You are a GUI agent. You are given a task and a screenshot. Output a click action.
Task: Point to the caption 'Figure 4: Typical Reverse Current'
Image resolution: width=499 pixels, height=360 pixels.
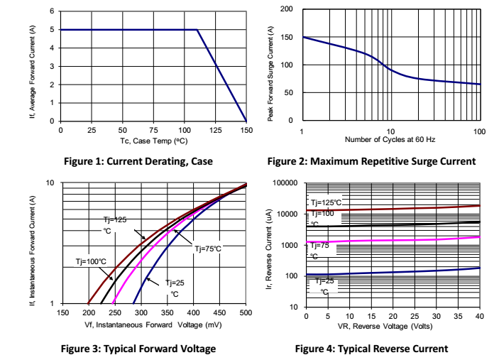[x=371, y=348]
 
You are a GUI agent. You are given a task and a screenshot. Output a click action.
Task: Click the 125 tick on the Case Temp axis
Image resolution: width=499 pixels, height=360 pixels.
[x=215, y=131]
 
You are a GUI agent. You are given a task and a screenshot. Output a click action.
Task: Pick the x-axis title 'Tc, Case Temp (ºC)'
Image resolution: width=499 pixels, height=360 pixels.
[x=153, y=141]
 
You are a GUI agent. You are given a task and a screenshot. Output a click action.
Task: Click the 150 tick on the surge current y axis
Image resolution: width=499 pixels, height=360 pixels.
[x=287, y=37]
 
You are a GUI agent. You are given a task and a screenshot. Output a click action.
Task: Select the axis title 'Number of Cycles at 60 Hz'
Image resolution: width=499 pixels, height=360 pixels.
[x=391, y=141]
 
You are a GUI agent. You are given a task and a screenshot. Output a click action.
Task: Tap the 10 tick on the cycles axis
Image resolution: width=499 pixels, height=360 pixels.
[x=390, y=131]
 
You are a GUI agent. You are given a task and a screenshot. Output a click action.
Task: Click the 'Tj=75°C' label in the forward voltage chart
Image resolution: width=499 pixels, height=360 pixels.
[x=208, y=249]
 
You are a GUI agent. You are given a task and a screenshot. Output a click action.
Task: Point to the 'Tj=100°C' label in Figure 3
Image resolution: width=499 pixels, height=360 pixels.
[x=91, y=261]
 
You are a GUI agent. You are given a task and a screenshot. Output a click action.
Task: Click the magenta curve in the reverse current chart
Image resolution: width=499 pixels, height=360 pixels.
[x=397, y=240]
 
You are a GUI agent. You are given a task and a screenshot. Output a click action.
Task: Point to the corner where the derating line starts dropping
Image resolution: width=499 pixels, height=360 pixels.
[x=197, y=30]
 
